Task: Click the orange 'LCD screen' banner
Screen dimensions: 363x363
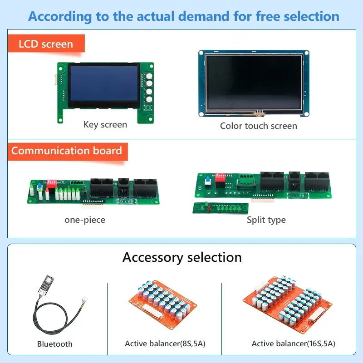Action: [x=46, y=44]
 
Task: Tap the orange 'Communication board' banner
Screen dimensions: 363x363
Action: [x=67, y=151]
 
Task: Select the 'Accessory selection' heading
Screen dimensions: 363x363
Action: [x=182, y=257]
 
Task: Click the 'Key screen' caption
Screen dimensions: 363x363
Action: [x=105, y=124]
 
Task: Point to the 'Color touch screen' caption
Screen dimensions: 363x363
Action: [x=259, y=126]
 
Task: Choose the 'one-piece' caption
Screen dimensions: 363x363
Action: [x=85, y=220]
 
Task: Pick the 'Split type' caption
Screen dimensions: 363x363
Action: [x=266, y=220]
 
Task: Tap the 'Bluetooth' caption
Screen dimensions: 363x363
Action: [x=55, y=344]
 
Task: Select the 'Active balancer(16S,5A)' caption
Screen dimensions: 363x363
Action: [x=294, y=343]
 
